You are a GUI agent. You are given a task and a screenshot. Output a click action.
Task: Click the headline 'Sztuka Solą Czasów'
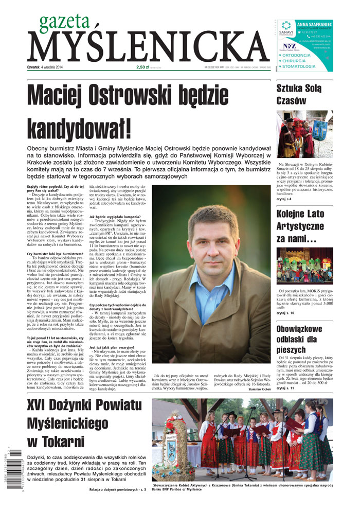coord(299,94)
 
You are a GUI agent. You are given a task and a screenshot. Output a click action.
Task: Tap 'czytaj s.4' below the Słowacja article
coord(284,198)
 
